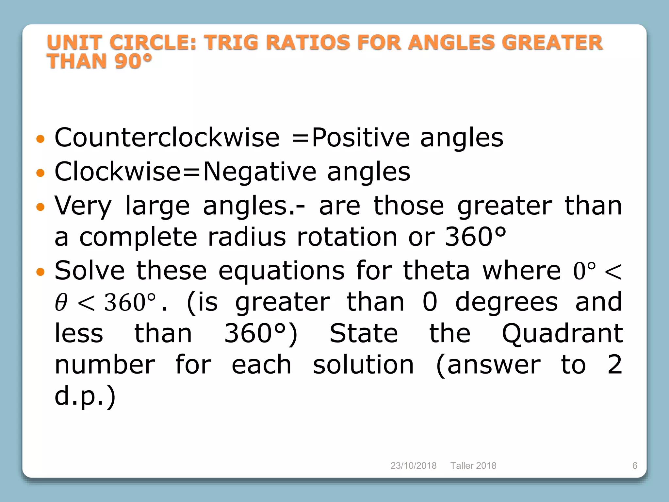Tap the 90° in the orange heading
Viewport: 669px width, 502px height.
pos(133,61)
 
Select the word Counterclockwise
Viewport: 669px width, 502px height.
pos(167,138)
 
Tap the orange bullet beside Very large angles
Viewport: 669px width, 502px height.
pos(40,207)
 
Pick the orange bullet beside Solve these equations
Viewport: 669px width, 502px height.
pos(40,272)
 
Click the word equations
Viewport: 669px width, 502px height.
pos(281,271)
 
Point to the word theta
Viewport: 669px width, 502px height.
pos(436,271)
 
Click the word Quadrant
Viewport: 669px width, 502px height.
pos(562,333)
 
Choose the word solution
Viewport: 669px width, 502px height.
pos(363,365)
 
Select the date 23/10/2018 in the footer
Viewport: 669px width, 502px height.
pos(413,465)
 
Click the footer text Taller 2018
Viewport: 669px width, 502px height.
pos(473,465)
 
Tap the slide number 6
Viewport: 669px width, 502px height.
pos(635,465)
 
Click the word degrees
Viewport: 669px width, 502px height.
pos(506,302)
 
